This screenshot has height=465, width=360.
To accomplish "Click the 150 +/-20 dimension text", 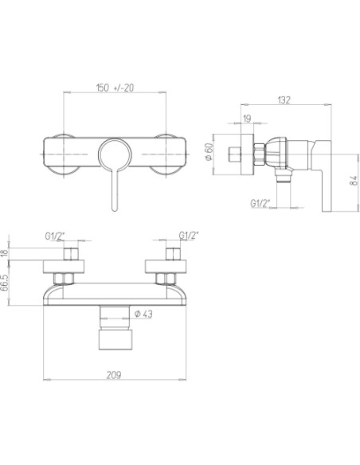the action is pos(115,88).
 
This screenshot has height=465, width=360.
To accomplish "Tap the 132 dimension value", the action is pos(284,100).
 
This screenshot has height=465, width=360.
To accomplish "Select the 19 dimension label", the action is pos(247,119).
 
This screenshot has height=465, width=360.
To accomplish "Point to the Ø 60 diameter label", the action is pos(209,151).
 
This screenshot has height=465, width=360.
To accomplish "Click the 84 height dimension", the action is pos(354,181).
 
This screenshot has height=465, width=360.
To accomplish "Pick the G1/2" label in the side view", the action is pos(260,203).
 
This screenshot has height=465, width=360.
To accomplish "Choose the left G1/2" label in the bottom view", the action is pos(55,236).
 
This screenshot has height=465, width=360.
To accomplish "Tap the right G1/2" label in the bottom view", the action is pos(189,236).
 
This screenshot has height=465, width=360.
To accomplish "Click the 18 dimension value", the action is pos(4,253).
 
